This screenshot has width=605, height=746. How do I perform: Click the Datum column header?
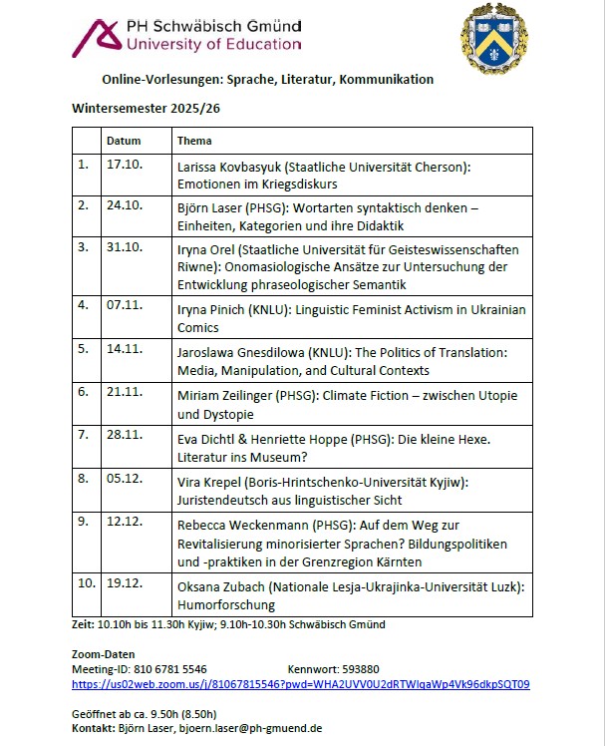[x=124, y=141]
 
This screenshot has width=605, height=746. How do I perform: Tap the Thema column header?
[x=194, y=141]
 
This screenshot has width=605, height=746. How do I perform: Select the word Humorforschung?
[x=226, y=604]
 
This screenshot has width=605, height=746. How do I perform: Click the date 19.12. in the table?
[x=122, y=587]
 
